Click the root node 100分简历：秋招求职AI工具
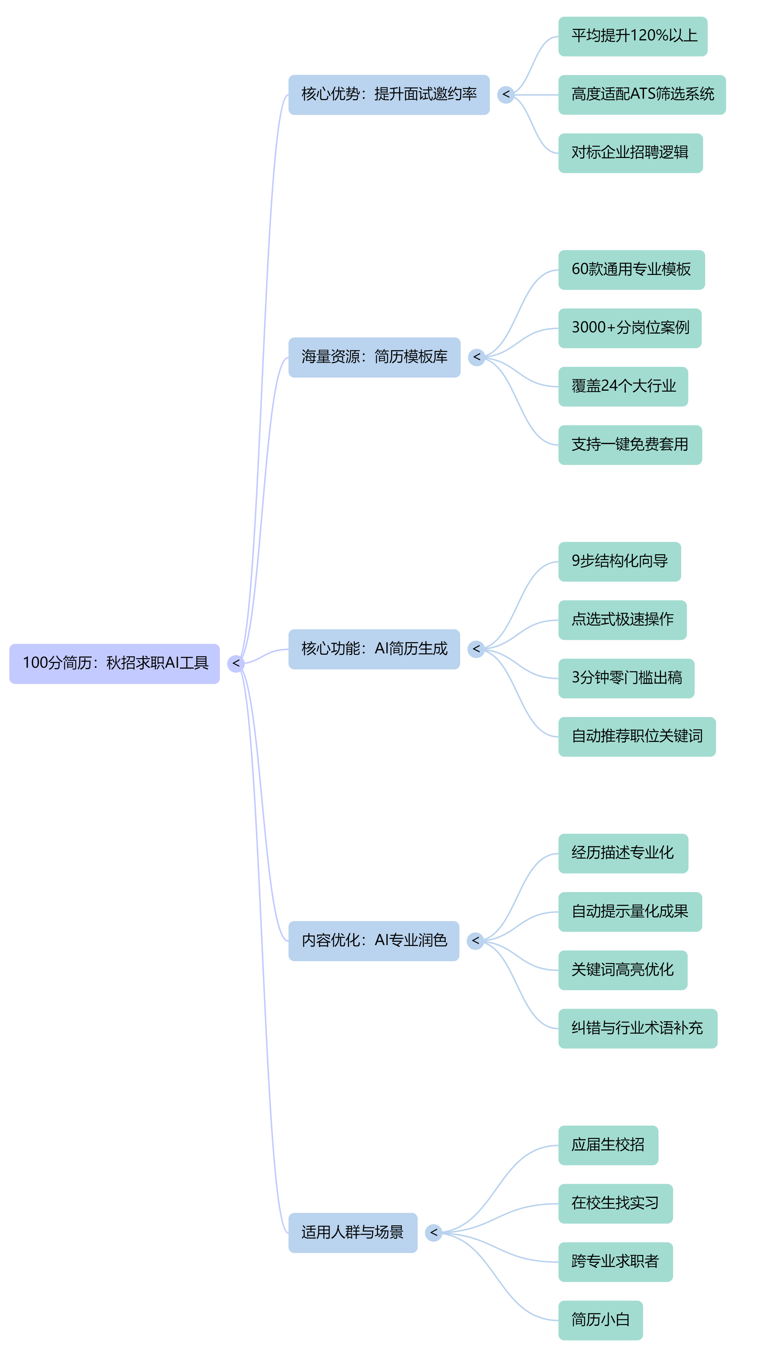[114, 663]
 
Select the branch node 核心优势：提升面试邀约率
[389, 95]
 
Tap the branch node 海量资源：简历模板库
[374, 357]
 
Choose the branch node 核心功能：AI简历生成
[374, 649]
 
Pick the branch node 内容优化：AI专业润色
[374, 941]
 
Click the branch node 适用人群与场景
[352, 1233]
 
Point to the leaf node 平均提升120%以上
[633, 36]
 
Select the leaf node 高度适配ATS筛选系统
[642, 95]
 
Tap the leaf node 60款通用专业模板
[631, 270]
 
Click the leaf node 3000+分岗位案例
[630, 328]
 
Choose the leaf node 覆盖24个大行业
[623, 387]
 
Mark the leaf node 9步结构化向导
[619, 562]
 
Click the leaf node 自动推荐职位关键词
[637, 737]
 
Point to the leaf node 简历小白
[600, 1320]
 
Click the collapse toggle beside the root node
[235, 663]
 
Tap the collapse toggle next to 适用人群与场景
[433, 1233]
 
